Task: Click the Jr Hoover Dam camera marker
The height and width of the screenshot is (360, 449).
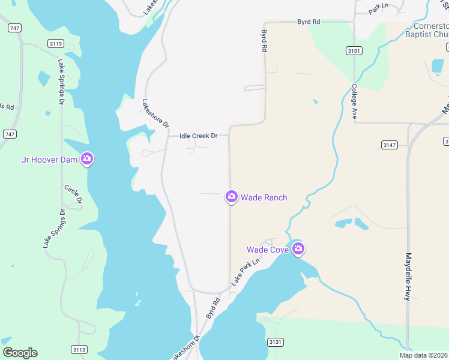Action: [x=87, y=158]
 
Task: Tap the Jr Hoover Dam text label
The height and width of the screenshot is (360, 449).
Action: [x=51, y=159]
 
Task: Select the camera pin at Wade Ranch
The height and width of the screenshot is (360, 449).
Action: [x=231, y=197]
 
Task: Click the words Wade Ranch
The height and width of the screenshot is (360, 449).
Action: [x=264, y=197]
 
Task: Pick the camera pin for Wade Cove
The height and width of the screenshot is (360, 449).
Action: [x=298, y=249]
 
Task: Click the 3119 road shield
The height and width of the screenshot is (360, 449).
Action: [x=56, y=44]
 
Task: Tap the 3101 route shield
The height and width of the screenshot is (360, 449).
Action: [x=354, y=51]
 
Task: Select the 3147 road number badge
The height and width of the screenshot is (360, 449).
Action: [x=389, y=145]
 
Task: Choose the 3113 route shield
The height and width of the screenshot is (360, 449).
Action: [x=79, y=349]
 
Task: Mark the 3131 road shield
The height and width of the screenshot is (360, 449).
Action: [x=275, y=342]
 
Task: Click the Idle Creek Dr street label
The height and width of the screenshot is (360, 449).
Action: [x=198, y=136]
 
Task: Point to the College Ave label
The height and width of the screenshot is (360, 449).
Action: [x=354, y=101]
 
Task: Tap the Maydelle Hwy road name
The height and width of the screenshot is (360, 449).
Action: [x=408, y=276]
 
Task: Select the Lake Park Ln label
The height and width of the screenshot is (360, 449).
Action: [x=246, y=271]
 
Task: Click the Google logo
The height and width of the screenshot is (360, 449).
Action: [x=20, y=353]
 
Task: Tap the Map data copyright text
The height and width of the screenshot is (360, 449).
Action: [x=423, y=355]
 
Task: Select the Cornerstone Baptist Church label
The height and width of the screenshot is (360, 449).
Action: [x=430, y=30]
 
